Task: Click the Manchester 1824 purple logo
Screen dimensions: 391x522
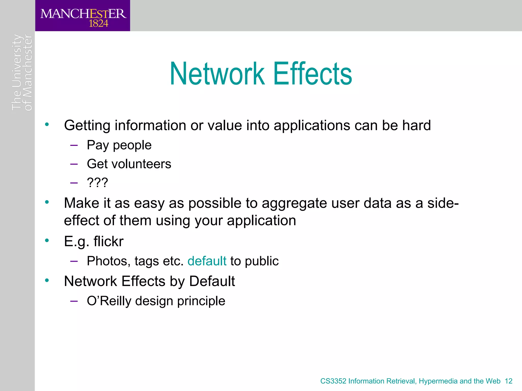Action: click(x=83, y=16)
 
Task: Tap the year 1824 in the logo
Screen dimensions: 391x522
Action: click(x=98, y=24)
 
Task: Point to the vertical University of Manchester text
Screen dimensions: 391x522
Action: click(x=22, y=73)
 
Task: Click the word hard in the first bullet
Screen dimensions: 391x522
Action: click(x=416, y=125)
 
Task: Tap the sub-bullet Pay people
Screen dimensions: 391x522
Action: click(x=119, y=145)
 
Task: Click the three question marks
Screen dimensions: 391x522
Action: click(x=97, y=183)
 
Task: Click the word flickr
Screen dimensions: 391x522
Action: click(x=108, y=241)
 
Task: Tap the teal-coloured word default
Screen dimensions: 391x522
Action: click(x=207, y=261)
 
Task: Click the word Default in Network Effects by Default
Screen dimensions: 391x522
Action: click(x=212, y=281)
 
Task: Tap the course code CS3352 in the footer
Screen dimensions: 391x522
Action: click(x=333, y=381)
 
